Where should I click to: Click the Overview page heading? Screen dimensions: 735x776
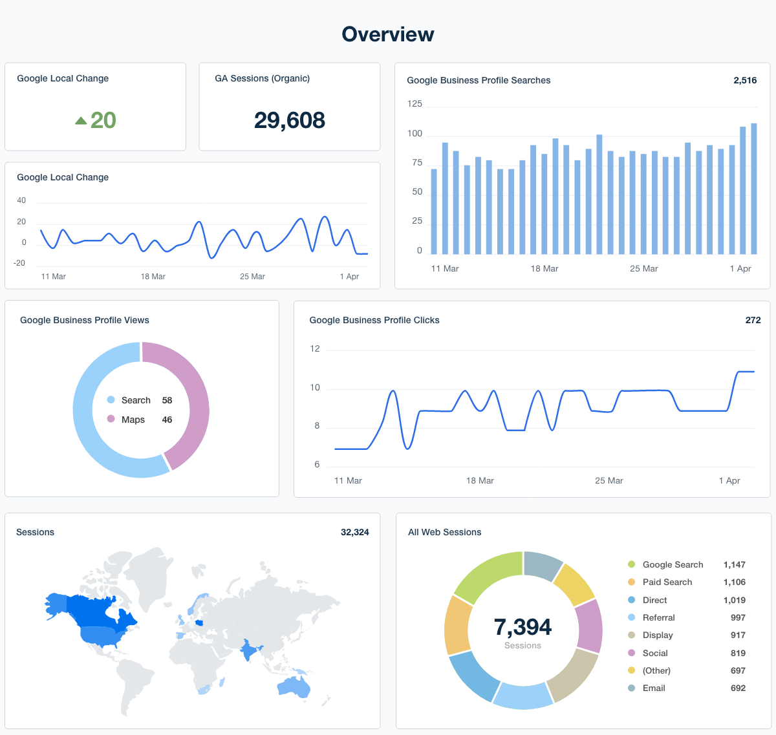[387, 34]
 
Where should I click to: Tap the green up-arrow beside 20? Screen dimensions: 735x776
[81, 120]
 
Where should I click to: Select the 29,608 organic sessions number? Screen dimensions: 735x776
[289, 120]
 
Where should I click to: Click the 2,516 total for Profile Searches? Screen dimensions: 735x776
[745, 80]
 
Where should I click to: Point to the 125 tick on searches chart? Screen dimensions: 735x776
[415, 103]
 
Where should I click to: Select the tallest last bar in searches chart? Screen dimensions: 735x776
[753, 187]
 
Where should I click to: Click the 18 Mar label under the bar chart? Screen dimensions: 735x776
[544, 268]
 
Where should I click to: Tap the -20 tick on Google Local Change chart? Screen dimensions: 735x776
[19, 263]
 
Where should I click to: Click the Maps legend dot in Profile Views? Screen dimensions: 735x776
[111, 419]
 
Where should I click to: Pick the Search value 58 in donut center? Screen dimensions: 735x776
[167, 400]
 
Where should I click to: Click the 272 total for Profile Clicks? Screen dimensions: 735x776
[753, 320]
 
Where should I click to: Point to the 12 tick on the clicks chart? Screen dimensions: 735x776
[315, 348]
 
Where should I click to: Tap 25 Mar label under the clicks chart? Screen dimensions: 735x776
[609, 480]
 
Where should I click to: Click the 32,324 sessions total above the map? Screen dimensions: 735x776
[354, 532]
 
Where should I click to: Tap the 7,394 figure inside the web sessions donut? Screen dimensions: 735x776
[523, 627]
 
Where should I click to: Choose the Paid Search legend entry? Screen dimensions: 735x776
[667, 582]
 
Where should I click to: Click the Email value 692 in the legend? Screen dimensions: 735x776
[738, 688]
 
